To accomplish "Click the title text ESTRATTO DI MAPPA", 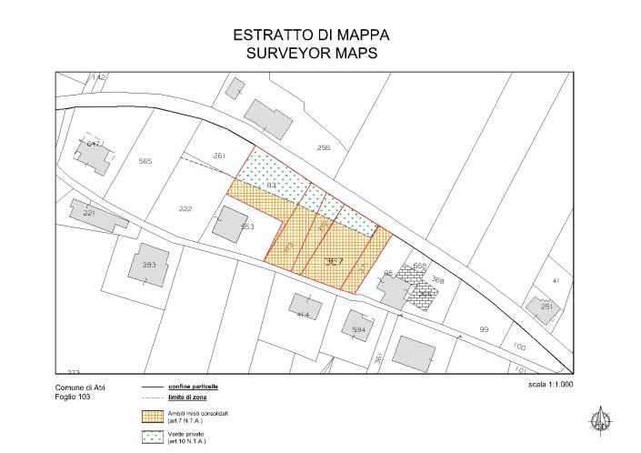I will [312, 35].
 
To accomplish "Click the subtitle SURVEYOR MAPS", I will [312, 53].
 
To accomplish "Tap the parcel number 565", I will [145, 161].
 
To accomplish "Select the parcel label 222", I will [185, 209].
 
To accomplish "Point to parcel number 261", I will [218, 156].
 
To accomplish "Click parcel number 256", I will [324, 147].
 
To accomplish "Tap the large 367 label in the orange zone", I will [334, 261].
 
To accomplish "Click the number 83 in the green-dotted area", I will [271, 185].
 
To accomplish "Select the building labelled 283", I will [150, 265].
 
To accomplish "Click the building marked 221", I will [89, 213].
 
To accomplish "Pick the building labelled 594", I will [358, 328].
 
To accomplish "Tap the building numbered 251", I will [546, 307].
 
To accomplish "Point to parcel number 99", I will [484, 329].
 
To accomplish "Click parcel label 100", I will [518, 346].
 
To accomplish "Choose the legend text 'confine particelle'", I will [193, 387].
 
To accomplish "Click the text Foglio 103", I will [73, 397].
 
